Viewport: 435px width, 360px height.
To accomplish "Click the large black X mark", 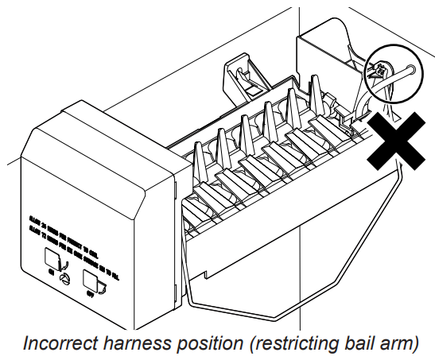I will click(394, 141).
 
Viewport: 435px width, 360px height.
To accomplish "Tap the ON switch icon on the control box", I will click(53, 258).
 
